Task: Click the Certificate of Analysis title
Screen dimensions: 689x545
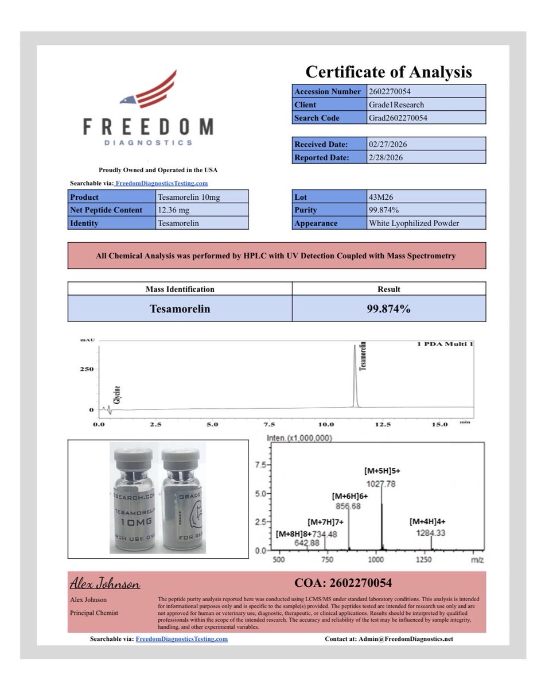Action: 388,72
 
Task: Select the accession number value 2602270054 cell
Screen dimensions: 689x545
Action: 426,91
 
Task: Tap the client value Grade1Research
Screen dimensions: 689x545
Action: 426,104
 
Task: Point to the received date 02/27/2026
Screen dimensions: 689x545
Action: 426,144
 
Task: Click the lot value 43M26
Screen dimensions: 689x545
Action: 426,196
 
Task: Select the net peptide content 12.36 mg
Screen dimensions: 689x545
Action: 203,210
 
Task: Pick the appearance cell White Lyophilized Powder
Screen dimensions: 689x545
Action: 426,223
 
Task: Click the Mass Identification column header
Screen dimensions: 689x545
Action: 180,289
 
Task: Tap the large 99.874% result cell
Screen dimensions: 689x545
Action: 388,309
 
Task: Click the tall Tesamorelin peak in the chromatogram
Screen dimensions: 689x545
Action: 355,373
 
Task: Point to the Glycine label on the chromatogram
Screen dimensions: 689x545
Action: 117,395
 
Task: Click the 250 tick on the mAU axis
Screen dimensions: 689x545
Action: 85,369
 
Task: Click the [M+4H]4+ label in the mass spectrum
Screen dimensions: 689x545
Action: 429,522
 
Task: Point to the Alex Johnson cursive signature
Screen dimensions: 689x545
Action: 105,584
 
